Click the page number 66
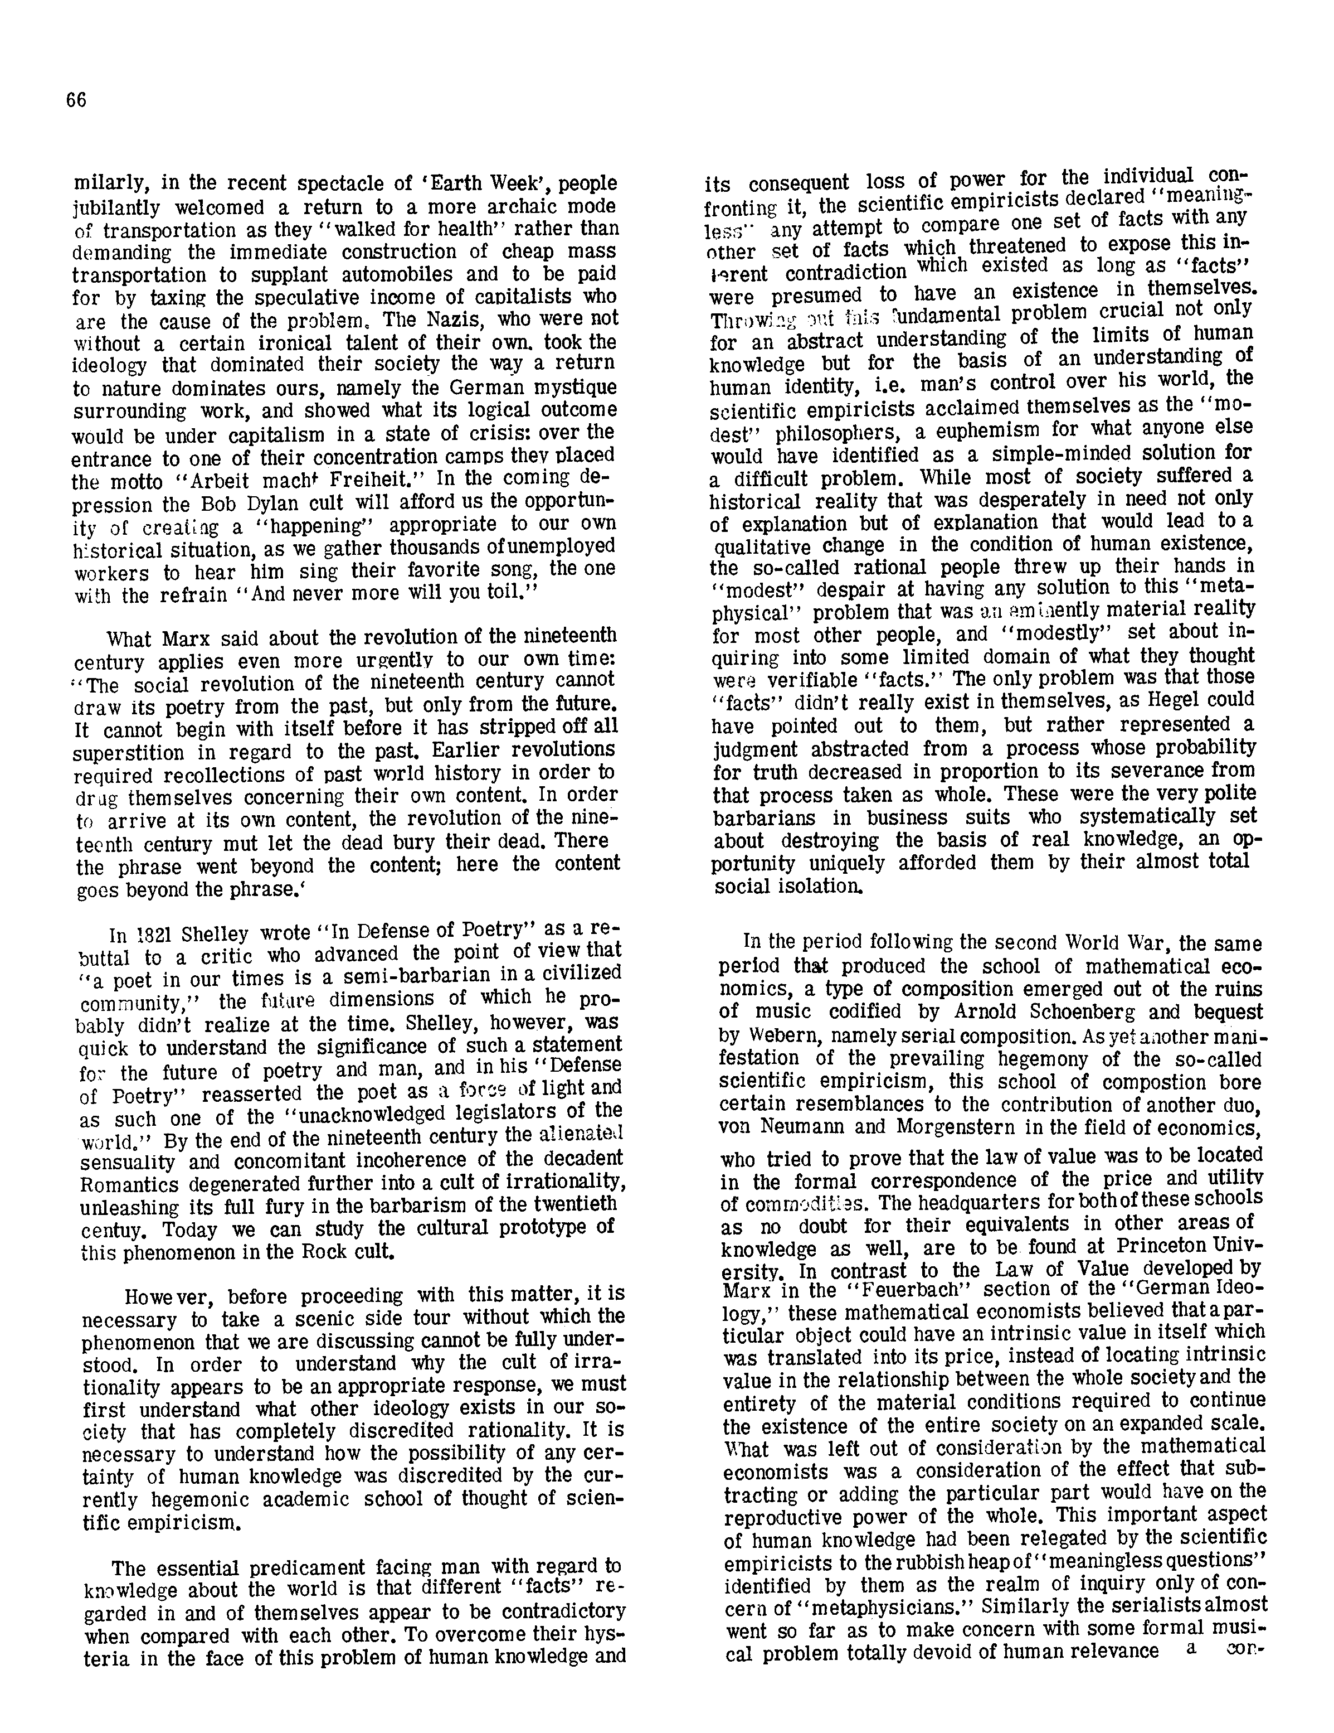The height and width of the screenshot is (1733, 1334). [76, 100]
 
